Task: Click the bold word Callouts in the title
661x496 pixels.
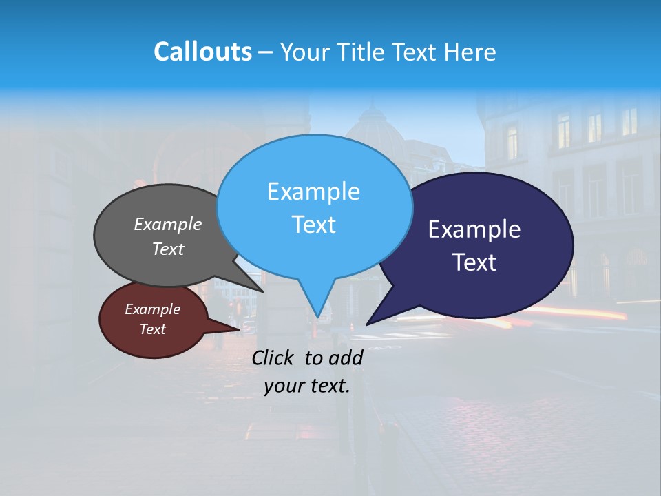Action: (202, 52)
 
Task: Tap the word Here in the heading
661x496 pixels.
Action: (470, 52)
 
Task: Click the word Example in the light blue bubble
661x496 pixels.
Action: (313, 192)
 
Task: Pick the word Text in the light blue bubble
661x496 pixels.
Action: (313, 225)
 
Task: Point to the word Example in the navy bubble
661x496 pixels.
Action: (474, 229)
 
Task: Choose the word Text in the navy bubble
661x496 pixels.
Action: (474, 262)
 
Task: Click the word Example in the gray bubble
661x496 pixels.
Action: (168, 224)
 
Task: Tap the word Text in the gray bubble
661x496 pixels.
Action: (168, 249)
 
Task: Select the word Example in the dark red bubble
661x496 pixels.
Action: (152, 309)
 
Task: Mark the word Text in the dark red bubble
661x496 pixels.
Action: (152, 329)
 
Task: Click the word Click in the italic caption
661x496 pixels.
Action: (273, 358)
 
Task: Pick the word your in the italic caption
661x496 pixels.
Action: (282, 386)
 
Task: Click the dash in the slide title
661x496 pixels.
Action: (266, 52)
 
